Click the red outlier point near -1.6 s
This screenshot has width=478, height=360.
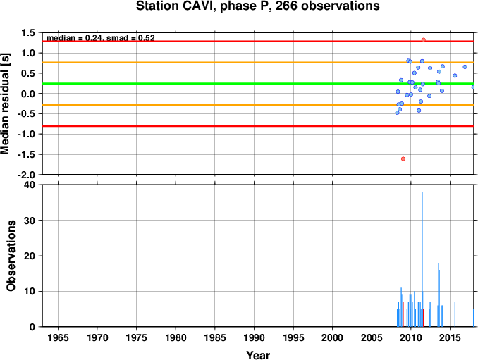coord(403,159)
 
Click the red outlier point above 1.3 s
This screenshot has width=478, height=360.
coord(424,40)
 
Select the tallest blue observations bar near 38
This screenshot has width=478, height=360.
coord(422,259)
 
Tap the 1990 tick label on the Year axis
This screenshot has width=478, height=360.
coord(255,337)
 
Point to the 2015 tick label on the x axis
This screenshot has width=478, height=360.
coord(451,337)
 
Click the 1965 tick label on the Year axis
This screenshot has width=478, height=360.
coord(58,337)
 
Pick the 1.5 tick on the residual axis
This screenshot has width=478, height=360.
coord(29,32)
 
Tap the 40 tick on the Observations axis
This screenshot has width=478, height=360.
coord(30,185)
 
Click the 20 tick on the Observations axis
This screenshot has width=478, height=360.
coord(30,256)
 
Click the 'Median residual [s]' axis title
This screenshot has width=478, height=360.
coord(5,104)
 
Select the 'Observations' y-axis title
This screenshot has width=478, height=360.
coord(11,256)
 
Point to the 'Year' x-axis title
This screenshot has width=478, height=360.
coord(258,355)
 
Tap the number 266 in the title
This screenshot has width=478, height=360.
coord(286,6)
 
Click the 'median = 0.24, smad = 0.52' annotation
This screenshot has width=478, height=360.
coord(101,38)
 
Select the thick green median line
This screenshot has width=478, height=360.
coord(258,84)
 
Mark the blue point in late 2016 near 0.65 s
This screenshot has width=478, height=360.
coord(465,67)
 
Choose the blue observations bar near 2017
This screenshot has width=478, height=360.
coord(465,318)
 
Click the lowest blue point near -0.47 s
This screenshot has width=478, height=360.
coord(397,113)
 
